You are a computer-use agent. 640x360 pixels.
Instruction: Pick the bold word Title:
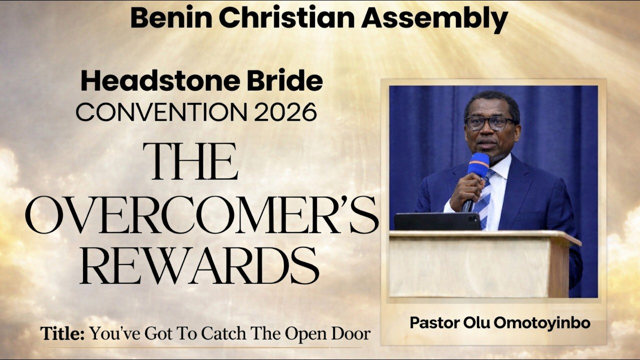(62, 333)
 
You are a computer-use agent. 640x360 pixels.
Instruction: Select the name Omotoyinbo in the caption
(542, 323)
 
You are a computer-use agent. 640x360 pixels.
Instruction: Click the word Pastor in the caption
(431, 323)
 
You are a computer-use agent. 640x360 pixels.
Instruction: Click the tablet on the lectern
(437, 221)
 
